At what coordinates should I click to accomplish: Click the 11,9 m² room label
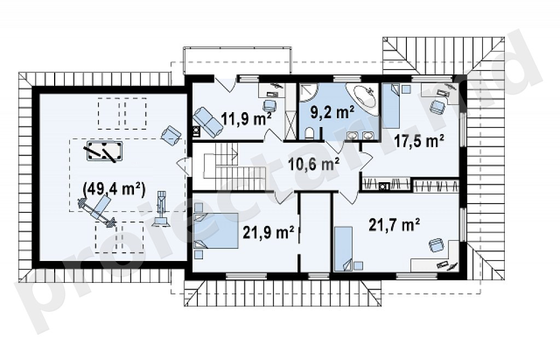click(246, 118)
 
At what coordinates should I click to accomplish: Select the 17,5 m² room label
click(419, 141)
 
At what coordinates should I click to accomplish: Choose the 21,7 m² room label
click(394, 225)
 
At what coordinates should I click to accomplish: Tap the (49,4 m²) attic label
click(114, 189)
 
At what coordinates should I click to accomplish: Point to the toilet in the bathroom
click(310, 133)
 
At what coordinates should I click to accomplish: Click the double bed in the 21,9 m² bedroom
click(215, 231)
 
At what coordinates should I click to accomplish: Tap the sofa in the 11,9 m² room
click(207, 122)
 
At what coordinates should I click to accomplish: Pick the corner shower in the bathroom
click(308, 92)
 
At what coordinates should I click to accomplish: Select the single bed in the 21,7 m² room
click(343, 249)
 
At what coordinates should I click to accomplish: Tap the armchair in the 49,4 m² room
click(171, 136)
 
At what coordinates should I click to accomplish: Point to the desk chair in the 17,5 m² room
click(437, 107)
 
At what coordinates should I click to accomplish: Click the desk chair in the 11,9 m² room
click(270, 106)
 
